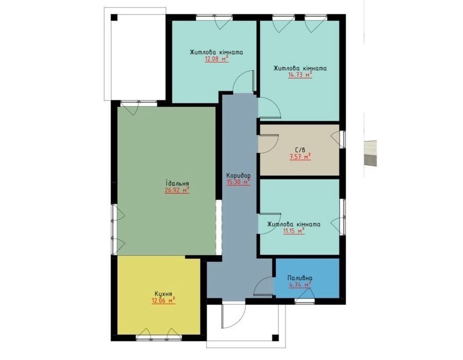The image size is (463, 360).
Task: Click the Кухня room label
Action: [163, 294]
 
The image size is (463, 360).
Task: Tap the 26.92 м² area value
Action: [177, 190]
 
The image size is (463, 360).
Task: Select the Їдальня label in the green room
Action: [177, 183]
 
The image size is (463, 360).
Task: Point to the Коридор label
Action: [238, 175]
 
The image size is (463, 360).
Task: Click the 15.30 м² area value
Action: [238, 182]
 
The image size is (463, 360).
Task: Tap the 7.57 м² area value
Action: [300, 156]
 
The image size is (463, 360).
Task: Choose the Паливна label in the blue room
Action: [300, 278]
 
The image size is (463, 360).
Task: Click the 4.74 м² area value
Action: [300, 285]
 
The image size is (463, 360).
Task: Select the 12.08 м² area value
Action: [217, 59]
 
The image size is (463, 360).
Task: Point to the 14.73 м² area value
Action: [300, 75]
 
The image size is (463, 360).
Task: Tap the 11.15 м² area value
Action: [294, 231]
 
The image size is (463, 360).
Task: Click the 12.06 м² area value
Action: [163, 301]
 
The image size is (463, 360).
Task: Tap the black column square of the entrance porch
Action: [275, 337]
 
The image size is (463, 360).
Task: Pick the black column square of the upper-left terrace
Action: [114, 17]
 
